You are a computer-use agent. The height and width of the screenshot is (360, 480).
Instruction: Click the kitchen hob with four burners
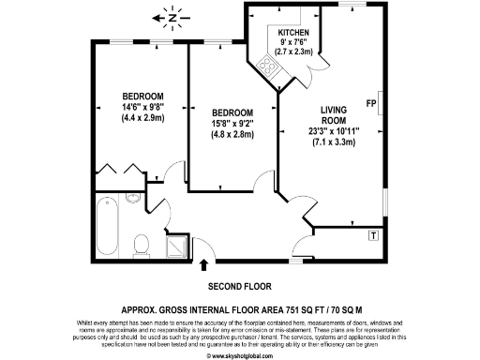(x=268, y=67)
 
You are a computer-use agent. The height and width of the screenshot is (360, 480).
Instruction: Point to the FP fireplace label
(x=372, y=102)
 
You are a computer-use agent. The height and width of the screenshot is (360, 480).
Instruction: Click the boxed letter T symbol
(x=375, y=233)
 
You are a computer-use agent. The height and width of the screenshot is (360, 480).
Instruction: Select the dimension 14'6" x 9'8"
(x=142, y=107)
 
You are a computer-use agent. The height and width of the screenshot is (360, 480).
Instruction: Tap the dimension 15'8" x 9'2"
(x=232, y=121)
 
